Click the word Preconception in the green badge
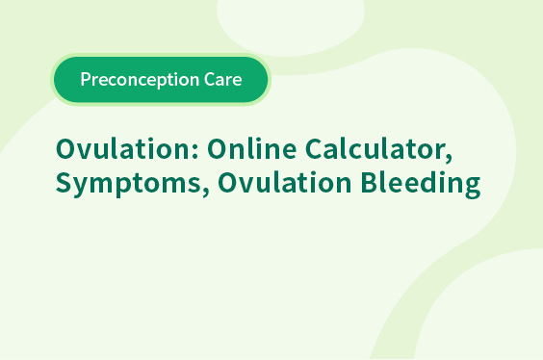[x=140, y=80]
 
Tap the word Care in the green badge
[x=223, y=79]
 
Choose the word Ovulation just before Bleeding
[x=285, y=182]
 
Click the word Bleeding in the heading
[x=421, y=184]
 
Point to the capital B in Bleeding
[x=369, y=182]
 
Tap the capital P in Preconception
[x=86, y=79]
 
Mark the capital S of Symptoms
[x=64, y=182]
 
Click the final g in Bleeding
[x=472, y=188]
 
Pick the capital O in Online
[x=218, y=149]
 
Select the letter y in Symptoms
[x=83, y=188]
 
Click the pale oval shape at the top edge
[x=290, y=23]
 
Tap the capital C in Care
[x=210, y=79]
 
